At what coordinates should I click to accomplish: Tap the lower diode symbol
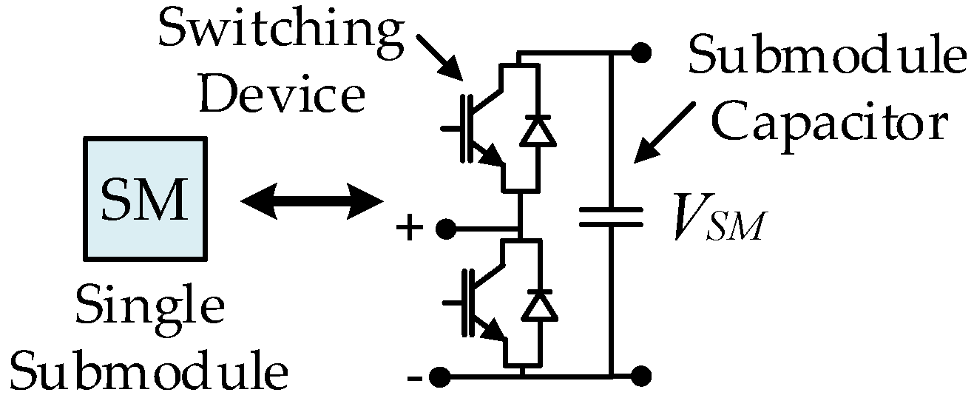(538, 306)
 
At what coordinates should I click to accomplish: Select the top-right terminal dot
(641, 53)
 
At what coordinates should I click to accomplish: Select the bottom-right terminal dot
(641, 375)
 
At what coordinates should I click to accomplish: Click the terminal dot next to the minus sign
(441, 376)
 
